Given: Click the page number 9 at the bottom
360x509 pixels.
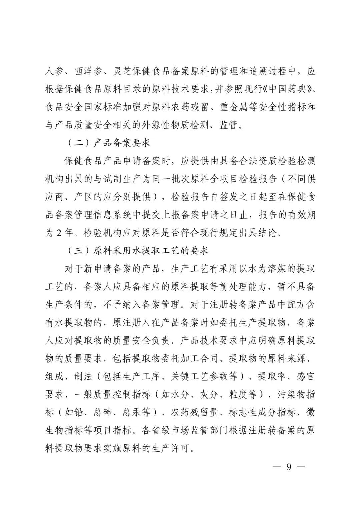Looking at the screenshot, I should pos(289,467).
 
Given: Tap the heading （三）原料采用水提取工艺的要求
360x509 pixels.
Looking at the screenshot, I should pos(138,251).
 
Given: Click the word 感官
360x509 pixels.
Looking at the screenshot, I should pos(305,377).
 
